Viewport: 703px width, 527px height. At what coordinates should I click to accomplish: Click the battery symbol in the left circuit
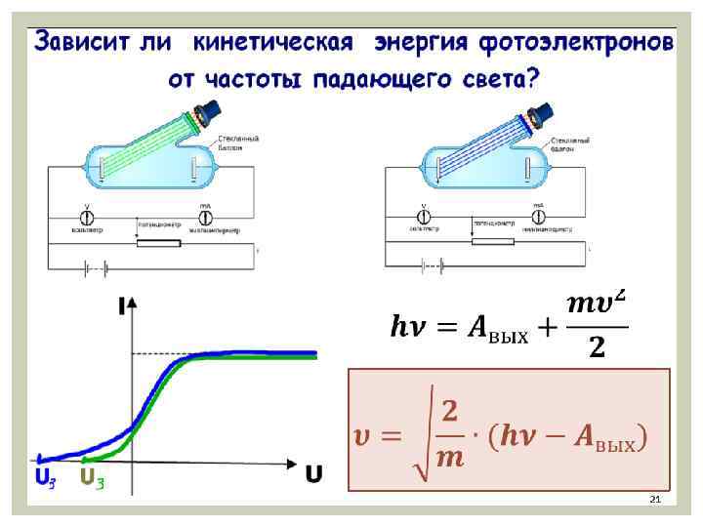click(95, 265)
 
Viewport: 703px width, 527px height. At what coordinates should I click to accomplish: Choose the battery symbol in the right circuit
click(433, 265)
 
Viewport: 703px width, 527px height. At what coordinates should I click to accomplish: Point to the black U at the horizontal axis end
click(313, 475)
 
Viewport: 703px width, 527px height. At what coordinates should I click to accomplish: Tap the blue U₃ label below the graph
click(45, 477)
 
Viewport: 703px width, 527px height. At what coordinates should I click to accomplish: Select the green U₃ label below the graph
click(92, 477)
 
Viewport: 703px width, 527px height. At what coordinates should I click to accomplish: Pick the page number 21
click(655, 500)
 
